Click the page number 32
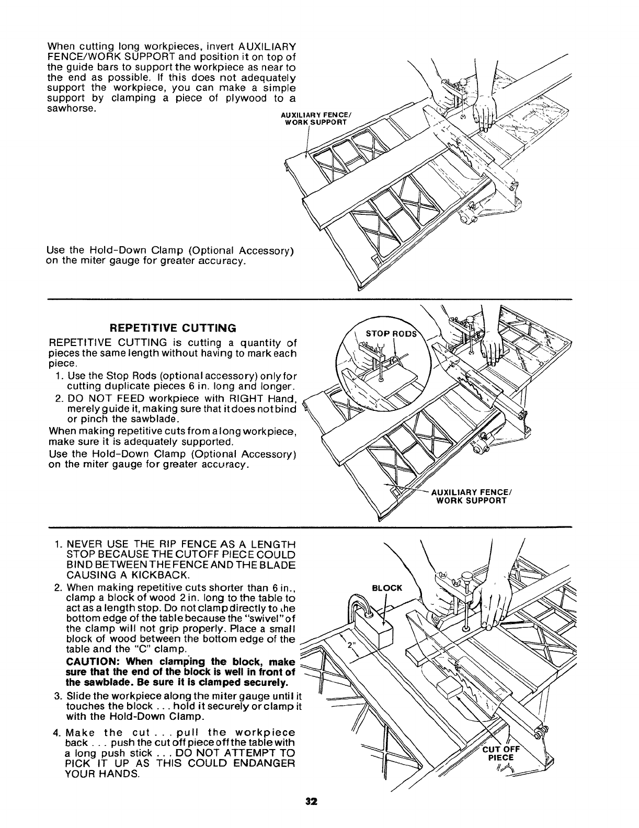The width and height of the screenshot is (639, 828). (x=313, y=815)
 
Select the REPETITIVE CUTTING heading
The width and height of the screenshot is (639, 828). (x=173, y=328)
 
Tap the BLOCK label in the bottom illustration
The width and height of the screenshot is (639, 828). (x=386, y=588)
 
